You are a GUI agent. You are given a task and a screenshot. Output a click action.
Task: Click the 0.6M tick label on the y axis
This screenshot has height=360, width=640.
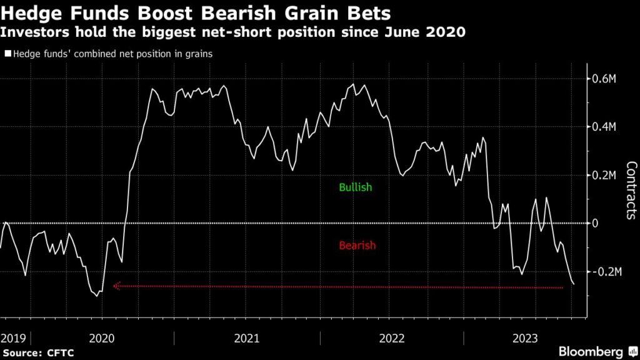[x=605, y=79]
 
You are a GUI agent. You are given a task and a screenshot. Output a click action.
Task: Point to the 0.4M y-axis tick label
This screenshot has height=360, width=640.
[x=605, y=127]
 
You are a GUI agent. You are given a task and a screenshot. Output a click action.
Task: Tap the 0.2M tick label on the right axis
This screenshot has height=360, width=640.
[x=605, y=175]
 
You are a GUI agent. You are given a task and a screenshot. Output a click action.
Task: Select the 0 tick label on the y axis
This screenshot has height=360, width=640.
[x=596, y=223]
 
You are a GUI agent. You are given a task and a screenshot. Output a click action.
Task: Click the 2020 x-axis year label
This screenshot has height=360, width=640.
[x=102, y=338]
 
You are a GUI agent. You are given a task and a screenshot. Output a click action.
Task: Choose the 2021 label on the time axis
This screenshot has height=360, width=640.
[x=247, y=338]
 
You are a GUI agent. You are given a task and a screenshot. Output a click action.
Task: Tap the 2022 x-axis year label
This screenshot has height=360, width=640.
[x=391, y=338]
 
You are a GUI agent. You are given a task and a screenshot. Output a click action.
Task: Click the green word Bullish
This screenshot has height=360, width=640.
[x=355, y=187]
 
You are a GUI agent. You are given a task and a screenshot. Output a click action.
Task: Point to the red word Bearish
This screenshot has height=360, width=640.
[x=357, y=246]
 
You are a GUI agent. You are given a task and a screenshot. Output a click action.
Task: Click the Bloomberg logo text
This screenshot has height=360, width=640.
[x=590, y=351]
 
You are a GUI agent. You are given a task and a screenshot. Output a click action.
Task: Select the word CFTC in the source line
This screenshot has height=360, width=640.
[x=61, y=352]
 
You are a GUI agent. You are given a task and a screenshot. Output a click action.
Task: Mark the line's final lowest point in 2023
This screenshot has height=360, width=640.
[x=574, y=284]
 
